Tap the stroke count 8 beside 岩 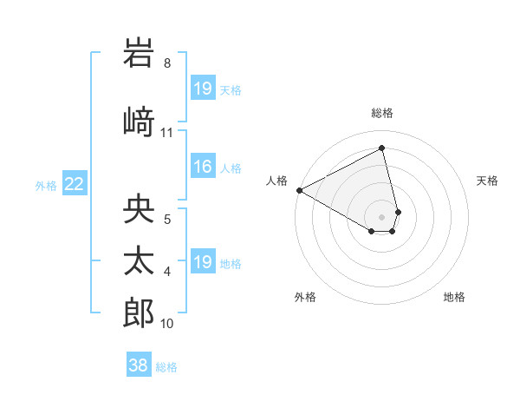(167, 63)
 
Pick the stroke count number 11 (167, 133)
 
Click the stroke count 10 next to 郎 (167, 324)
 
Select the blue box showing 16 (202, 168)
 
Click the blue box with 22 (75, 184)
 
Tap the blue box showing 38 (138, 365)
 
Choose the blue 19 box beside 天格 (202, 89)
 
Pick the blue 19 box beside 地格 (202, 262)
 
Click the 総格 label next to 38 (166, 367)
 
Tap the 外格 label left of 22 (46, 185)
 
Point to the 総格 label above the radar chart (382, 113)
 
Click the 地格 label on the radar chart (454, 298)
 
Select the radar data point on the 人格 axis (299, 189)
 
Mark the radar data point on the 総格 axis (382, 148)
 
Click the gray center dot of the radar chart (382, 215)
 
